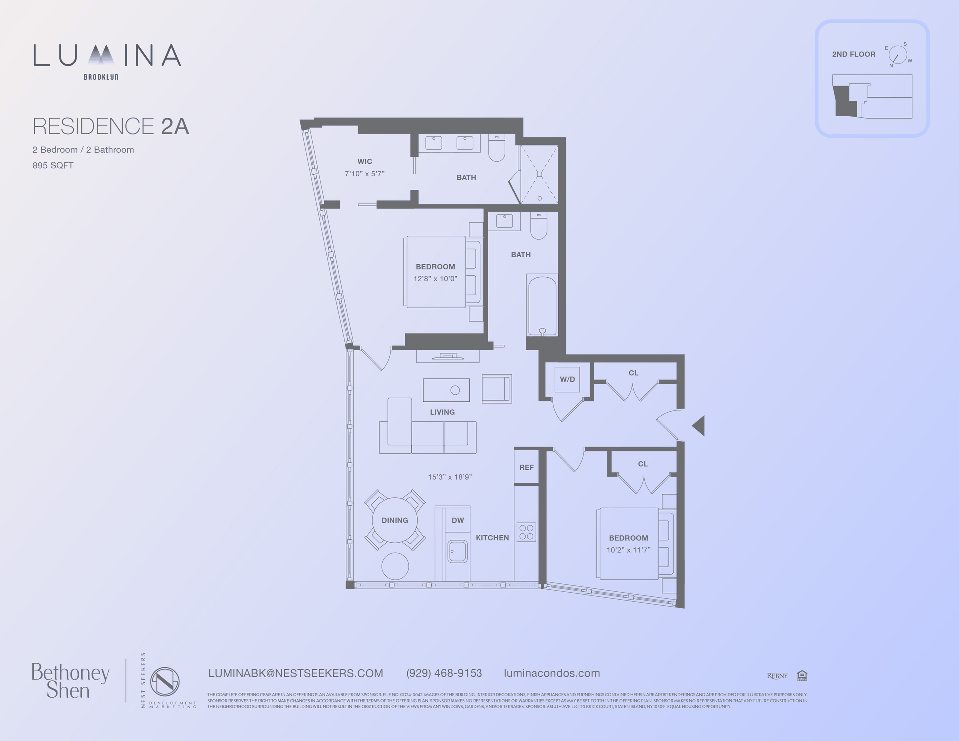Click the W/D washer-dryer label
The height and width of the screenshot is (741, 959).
click(x=567, y=379)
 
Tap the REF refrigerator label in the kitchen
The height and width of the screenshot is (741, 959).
click(x=526, y=467)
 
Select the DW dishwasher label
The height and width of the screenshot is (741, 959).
click(x=458, y=520)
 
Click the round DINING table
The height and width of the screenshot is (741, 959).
click(x=395, y=520)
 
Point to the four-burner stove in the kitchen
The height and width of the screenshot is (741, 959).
click(x=526, y=532)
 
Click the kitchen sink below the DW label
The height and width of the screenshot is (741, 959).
click(x=457, y=552)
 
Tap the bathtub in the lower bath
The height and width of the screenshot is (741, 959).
click(x=542, y=306)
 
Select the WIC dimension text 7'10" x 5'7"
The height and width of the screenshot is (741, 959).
click(x=365, y=174)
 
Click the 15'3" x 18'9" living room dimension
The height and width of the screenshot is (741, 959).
click(x=450, y=477)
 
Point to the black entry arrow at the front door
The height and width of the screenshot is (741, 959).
click(x=699, y=426)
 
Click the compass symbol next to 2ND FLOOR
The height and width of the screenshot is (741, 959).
click(x=898, y=55)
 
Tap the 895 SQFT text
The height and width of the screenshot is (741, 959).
click(x=53, y=165)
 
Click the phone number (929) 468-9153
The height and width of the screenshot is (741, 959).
click(x=444, y=673)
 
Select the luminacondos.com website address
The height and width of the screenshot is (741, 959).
click(x=552, y=673)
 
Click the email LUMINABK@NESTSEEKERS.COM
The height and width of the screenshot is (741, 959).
click(x=296, y=673)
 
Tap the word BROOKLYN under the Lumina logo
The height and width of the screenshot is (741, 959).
click(x=101, y=77)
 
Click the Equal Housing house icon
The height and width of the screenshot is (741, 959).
click(x=802, y=675)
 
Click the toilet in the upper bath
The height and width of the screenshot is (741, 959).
click(x=497, y=148)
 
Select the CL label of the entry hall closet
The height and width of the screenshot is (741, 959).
click(x=633, y=373)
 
